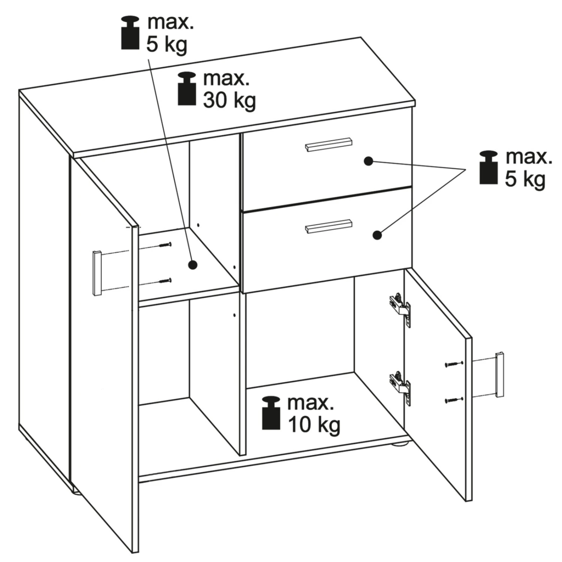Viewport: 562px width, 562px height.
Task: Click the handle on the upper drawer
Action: [x=329, y=145]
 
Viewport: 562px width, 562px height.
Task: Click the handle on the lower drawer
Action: [x=329, y=226]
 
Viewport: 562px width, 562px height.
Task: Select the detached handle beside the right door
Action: [x=499, y=374]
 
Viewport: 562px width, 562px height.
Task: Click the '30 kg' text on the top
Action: [x=229, y=100]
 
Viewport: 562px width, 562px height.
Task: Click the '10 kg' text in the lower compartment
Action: [x=314, y=425]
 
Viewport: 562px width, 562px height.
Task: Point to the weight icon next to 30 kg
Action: [x=187, y=88]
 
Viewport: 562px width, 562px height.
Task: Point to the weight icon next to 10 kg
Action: [x=271, y=413]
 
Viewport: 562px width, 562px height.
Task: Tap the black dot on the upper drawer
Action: [x=369, y=161]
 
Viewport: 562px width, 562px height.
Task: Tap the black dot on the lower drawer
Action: [x=377, y=235]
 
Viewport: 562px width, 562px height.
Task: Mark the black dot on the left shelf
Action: [x=193, y=265]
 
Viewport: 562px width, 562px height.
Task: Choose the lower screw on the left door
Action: [x=165, y=280]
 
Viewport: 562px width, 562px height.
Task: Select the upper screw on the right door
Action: [x=454, y=364]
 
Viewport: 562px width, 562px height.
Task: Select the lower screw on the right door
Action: [x=454, y=400]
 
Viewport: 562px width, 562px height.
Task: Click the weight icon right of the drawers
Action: [x=489, y=167]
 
